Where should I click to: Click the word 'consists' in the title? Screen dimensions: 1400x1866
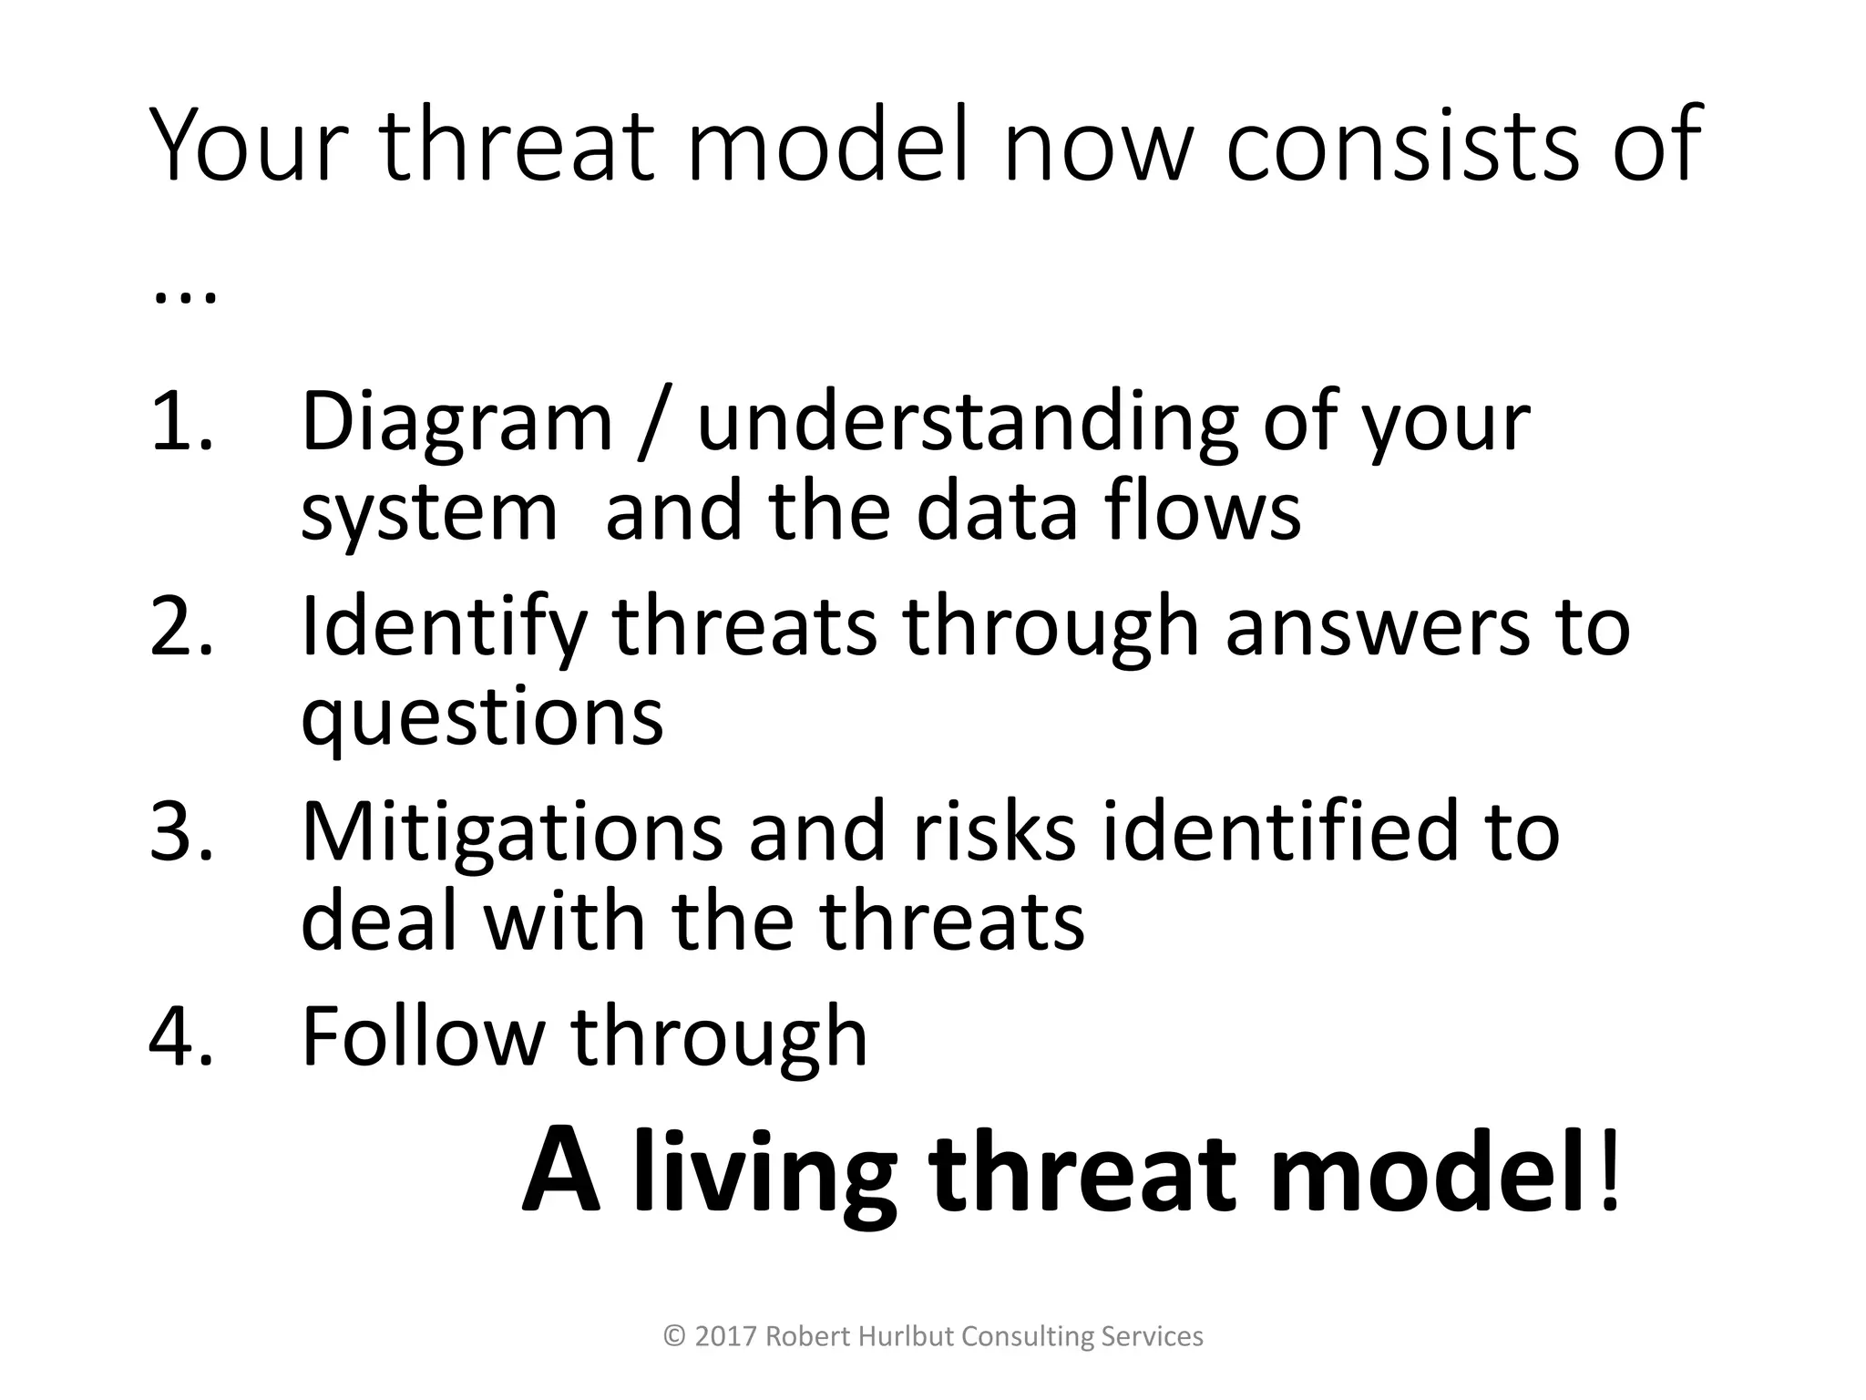point(1405,146)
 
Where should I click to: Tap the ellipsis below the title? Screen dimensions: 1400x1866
point(185,297)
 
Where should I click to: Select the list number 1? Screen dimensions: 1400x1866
point(180,421)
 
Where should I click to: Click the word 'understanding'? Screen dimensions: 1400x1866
point(966,421)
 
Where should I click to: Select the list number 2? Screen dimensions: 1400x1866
point(180,626)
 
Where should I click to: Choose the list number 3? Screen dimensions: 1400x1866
point(180,831)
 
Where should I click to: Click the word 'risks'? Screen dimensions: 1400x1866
point(994,831)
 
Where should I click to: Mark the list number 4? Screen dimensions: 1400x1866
point(180,1036)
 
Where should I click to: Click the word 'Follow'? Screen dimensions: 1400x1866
point(422,1036)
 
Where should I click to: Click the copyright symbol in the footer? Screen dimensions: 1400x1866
point(674,1336)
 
